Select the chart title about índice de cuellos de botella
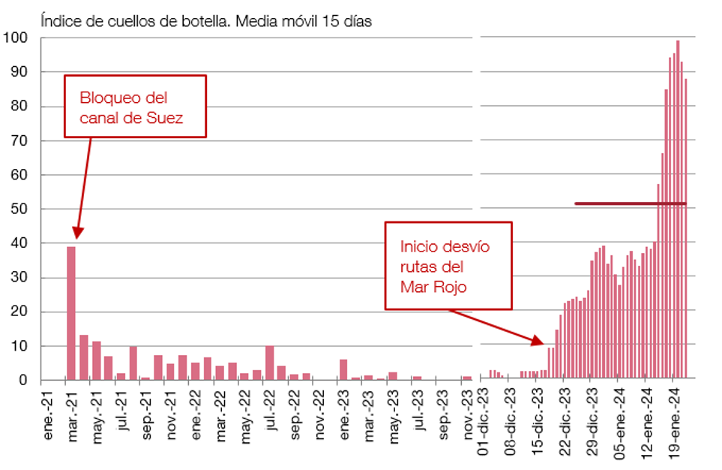coord(207,21)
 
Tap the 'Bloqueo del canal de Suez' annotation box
coord(135,107)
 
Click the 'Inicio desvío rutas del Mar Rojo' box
coord(448,265)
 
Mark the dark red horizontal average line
coord(630,203)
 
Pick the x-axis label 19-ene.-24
coord(673,425)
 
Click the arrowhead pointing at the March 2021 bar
coord(77,233)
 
